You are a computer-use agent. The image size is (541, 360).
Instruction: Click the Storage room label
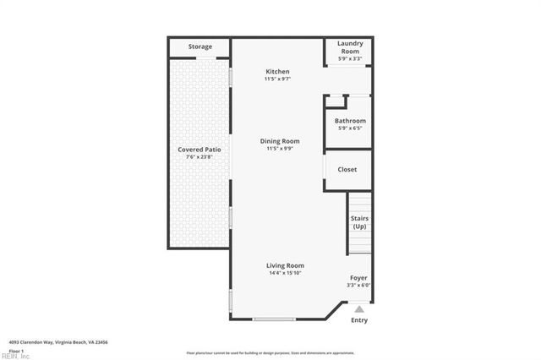(199, 46)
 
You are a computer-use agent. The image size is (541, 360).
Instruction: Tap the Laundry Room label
(349, 46)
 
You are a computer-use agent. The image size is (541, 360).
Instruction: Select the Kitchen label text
(277, 72)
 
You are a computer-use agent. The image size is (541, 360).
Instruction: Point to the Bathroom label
(349, 121)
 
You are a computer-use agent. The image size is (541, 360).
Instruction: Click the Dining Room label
(279, 141)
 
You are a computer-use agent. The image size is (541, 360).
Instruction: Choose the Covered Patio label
(199, 150)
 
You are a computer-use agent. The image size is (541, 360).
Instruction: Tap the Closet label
(347, 169)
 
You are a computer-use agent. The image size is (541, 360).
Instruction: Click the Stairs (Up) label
(359, 222)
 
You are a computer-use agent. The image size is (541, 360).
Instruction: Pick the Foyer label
(358, 278)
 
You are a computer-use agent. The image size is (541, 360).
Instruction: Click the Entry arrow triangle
(358, 309)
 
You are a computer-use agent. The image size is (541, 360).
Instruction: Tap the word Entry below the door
(359, 320)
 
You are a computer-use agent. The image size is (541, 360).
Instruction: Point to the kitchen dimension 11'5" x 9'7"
(278, 79)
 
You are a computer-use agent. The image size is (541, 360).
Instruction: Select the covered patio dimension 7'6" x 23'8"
(199, 156)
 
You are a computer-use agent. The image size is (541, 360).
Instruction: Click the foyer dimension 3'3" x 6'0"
(358, 286)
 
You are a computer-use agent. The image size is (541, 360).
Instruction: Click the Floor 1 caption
(15, 350)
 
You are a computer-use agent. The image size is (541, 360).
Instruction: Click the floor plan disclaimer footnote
(270, 352)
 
